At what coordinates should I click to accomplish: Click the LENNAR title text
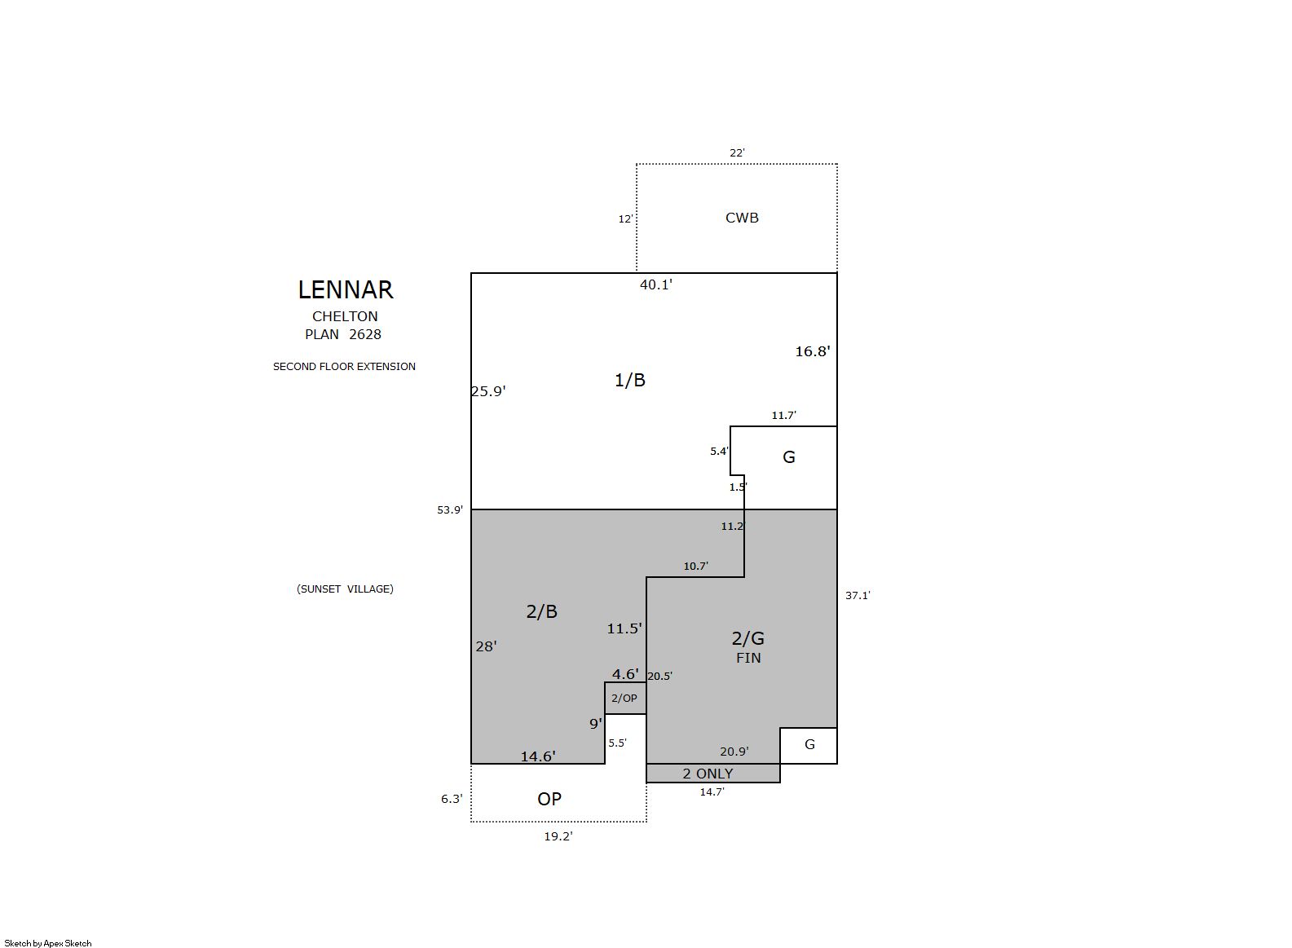(346, 290)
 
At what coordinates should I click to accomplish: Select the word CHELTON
(345, 316)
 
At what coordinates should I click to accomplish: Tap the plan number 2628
(365, 334)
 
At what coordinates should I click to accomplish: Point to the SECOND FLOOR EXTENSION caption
(344, 366)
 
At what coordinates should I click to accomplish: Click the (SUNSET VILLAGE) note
(345, 589)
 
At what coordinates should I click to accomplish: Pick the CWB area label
(742, 218)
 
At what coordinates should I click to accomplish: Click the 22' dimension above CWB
(737, 152)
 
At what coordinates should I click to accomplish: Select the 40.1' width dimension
(656, 284)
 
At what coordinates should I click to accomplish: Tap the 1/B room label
(630, 380)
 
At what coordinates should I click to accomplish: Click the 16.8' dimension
(813, 351)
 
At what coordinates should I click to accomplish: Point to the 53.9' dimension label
(450, 509)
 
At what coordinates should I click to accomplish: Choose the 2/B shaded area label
(541, 611)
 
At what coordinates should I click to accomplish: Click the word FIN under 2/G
(748, 658)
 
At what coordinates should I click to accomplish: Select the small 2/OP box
(625, 698)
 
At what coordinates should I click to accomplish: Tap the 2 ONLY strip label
(708, 774)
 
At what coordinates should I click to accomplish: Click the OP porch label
(549, 799)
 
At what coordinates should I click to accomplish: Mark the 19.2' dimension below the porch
(558, 836)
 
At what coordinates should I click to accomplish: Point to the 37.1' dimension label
(858, 596)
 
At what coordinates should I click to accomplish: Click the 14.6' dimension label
(538, 756)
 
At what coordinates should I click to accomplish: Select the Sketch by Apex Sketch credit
(48, 943)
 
